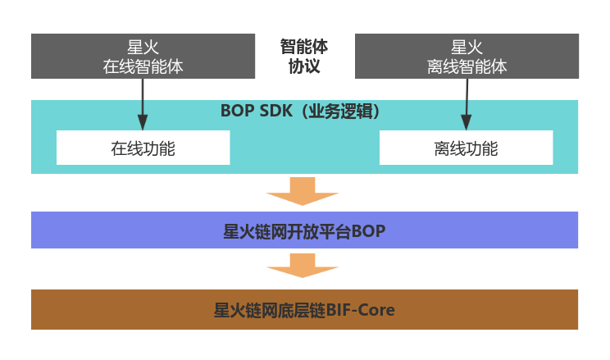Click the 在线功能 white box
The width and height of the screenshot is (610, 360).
coord(143,148)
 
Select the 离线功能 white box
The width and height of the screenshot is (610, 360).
coord(466,148)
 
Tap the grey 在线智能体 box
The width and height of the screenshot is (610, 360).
coord(143,56)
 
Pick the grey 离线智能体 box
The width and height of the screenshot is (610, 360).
coord(467,56)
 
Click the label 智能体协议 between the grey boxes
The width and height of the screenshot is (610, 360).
coord(303,56)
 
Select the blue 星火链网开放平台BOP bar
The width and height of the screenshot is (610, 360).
coord(304,230)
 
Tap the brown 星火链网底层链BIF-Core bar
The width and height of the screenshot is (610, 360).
coord(304,310)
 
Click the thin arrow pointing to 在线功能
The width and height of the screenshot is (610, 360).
coord(143,103)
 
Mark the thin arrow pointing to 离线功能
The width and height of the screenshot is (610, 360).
coord(467,103)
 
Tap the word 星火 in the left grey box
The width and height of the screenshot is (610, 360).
coord(143,48)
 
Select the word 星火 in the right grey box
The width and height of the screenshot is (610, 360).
coord(467,48)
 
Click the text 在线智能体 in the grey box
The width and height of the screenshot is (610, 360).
coord(143,66)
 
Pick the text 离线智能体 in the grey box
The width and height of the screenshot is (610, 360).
coord(467,66)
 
